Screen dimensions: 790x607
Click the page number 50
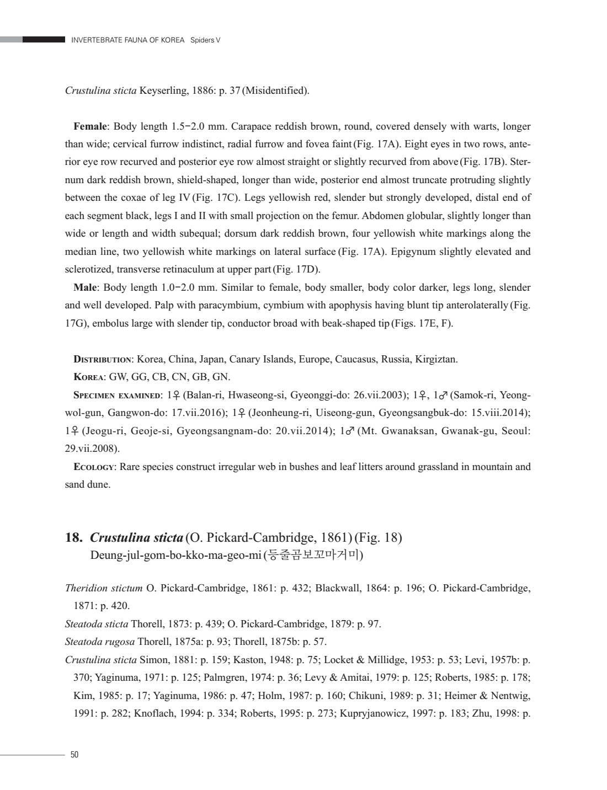74,755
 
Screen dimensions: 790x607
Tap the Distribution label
103,360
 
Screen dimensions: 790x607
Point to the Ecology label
94,467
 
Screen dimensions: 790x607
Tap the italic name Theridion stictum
104,588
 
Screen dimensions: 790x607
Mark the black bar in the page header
44,40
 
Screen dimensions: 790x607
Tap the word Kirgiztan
436,360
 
